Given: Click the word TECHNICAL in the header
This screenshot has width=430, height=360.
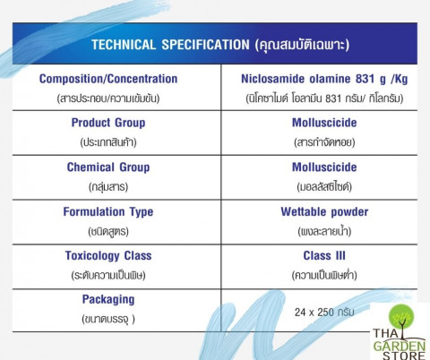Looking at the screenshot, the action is pos(124,45).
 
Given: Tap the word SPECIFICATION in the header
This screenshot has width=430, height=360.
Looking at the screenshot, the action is pos(205,45).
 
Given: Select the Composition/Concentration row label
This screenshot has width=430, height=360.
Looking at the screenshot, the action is pos(108,79).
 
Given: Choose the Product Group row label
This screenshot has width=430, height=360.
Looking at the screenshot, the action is pos(108,123).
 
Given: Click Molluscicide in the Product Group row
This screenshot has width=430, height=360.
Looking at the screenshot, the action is pos(324,123).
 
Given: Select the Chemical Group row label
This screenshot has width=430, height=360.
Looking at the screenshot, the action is pos(108,167).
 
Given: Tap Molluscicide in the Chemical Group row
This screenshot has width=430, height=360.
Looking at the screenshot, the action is pos(324,167).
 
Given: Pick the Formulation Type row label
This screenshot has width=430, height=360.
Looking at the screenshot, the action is pos(108,211).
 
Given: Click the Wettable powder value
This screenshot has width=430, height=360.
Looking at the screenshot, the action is pos(324,211).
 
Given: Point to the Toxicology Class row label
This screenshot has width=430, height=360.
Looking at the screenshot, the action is pos(108,256).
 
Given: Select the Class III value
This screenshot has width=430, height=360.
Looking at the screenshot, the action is pos(324,256).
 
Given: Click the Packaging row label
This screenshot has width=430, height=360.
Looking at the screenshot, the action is pos(108,300).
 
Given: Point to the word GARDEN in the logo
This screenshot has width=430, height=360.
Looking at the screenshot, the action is pos(400,347).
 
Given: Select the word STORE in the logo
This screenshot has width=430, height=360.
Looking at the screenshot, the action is pos(404,356).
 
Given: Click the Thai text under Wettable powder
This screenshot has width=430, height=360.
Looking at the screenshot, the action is pos(324,231).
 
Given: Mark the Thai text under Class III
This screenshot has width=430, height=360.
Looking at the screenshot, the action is pos(324,275).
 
